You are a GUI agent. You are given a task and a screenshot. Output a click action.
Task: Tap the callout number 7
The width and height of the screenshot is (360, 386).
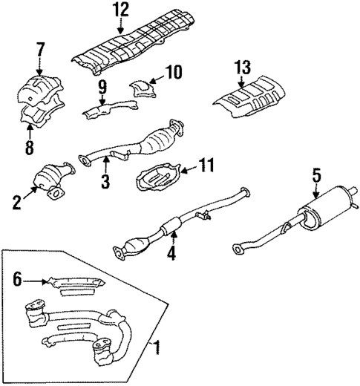pyautogui.click(x=40, y=50)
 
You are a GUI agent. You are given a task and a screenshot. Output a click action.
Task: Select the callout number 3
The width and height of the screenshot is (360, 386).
pyautogui.click(x=107, y=181)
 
